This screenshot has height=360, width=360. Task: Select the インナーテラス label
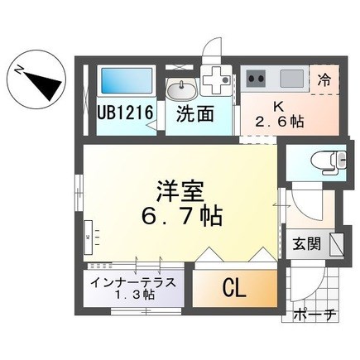coord(133,281)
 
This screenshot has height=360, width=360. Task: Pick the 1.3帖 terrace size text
coord(133,295)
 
